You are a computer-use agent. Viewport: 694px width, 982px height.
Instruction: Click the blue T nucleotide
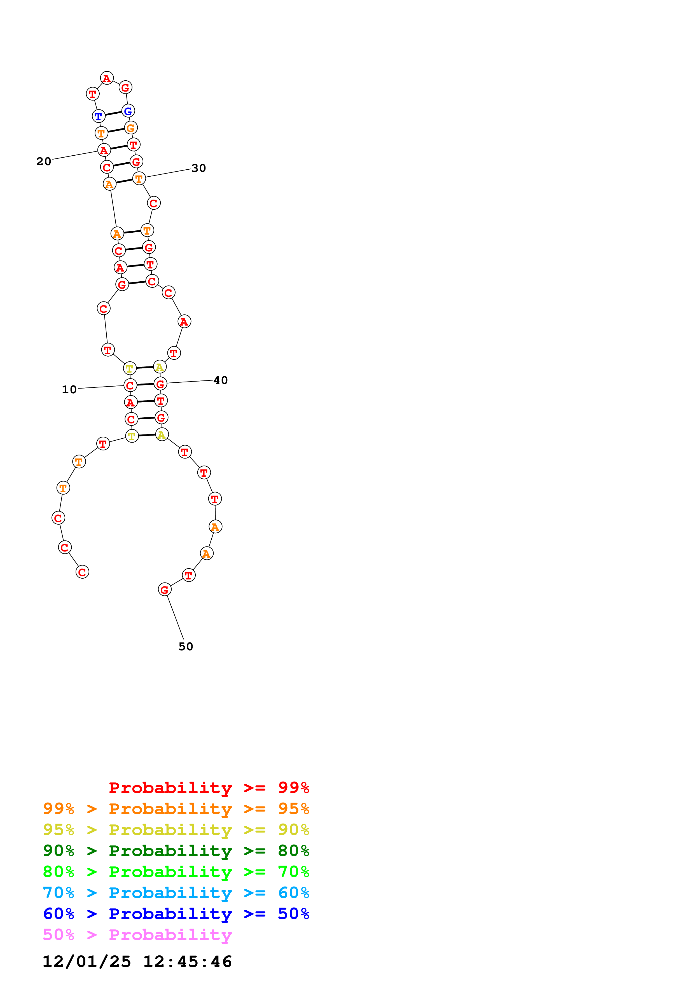coord(98,116)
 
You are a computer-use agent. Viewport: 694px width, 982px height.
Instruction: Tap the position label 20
coord(44,161)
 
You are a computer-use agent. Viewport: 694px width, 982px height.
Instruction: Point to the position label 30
coord(198,168)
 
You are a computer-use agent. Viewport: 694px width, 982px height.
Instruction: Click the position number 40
coord(220,380)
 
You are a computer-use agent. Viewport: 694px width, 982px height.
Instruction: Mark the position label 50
coord(186,646)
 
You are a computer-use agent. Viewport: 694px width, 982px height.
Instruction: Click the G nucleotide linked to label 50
coord(165,589)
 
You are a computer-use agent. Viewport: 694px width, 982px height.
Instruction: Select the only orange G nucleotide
coord(130,127)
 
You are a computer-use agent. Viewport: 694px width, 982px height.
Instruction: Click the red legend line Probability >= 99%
coord(209,787)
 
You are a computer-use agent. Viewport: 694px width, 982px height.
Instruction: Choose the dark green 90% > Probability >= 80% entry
coord(176,851)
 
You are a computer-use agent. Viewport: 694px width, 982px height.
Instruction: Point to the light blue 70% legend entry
coord(176,893)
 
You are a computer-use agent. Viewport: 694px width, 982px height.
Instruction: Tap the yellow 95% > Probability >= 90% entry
coord(176,830)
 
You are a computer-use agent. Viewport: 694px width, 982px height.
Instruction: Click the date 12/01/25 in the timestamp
coord(87,962)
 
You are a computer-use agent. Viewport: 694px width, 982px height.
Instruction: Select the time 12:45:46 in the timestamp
coord(187,962)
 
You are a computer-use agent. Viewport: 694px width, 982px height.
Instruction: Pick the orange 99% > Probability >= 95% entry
coord(176,809)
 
